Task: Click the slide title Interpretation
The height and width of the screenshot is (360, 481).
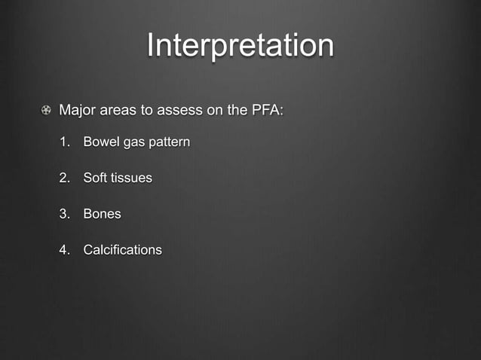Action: click(240, 45)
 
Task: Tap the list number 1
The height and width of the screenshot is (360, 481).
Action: click(65, 142)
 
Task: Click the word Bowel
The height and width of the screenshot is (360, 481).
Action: click(101, 142)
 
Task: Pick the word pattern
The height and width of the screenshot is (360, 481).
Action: click(169, 142)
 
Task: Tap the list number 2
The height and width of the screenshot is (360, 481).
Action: click(65, 178)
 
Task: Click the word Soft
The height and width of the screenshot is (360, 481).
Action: click(95, 178)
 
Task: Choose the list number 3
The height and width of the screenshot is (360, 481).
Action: click(65, 214)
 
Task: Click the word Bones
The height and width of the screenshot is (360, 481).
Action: click(102, 214)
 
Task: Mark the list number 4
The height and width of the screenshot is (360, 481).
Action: click(65, 249)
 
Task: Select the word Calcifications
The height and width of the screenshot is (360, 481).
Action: click(122, 249)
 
